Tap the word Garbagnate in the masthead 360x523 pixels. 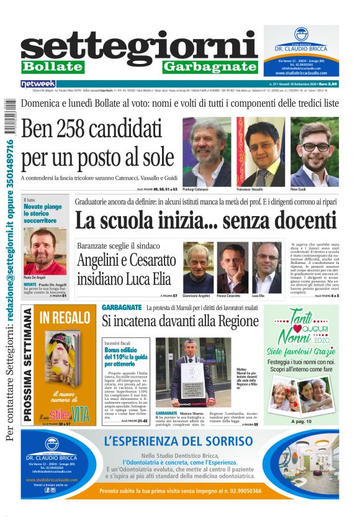click(x=210, y=66)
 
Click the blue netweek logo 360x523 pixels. click(x=38, y=83)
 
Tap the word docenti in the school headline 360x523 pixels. click(x=298, y=222)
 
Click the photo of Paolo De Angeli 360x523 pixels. click(x=45, y=251)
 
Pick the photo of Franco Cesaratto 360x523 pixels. click(x=232, y=267)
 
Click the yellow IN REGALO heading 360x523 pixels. click(x=65, y=318)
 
